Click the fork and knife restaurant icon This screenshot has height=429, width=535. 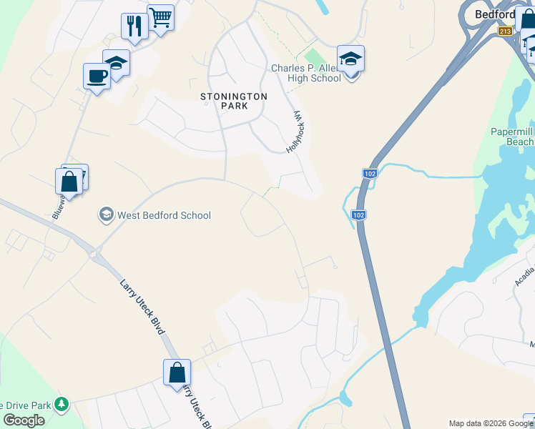(134, 26)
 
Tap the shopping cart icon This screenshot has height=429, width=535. (161, 17)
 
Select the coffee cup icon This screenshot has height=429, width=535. (97, 75)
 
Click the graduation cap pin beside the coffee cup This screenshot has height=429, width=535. (116, 62)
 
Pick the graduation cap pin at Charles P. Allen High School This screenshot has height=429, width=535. (350, 59)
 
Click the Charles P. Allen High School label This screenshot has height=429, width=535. (305, 74)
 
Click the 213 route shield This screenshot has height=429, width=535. (506, 31)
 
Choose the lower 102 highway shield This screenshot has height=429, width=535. (359, 214)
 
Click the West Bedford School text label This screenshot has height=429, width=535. (164, 215)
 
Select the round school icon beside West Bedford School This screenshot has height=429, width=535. (106, 214)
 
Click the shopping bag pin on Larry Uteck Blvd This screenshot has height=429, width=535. (177, 373)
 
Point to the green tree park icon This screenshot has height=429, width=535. (62, 405)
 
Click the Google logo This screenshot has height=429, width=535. (24, 420)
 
